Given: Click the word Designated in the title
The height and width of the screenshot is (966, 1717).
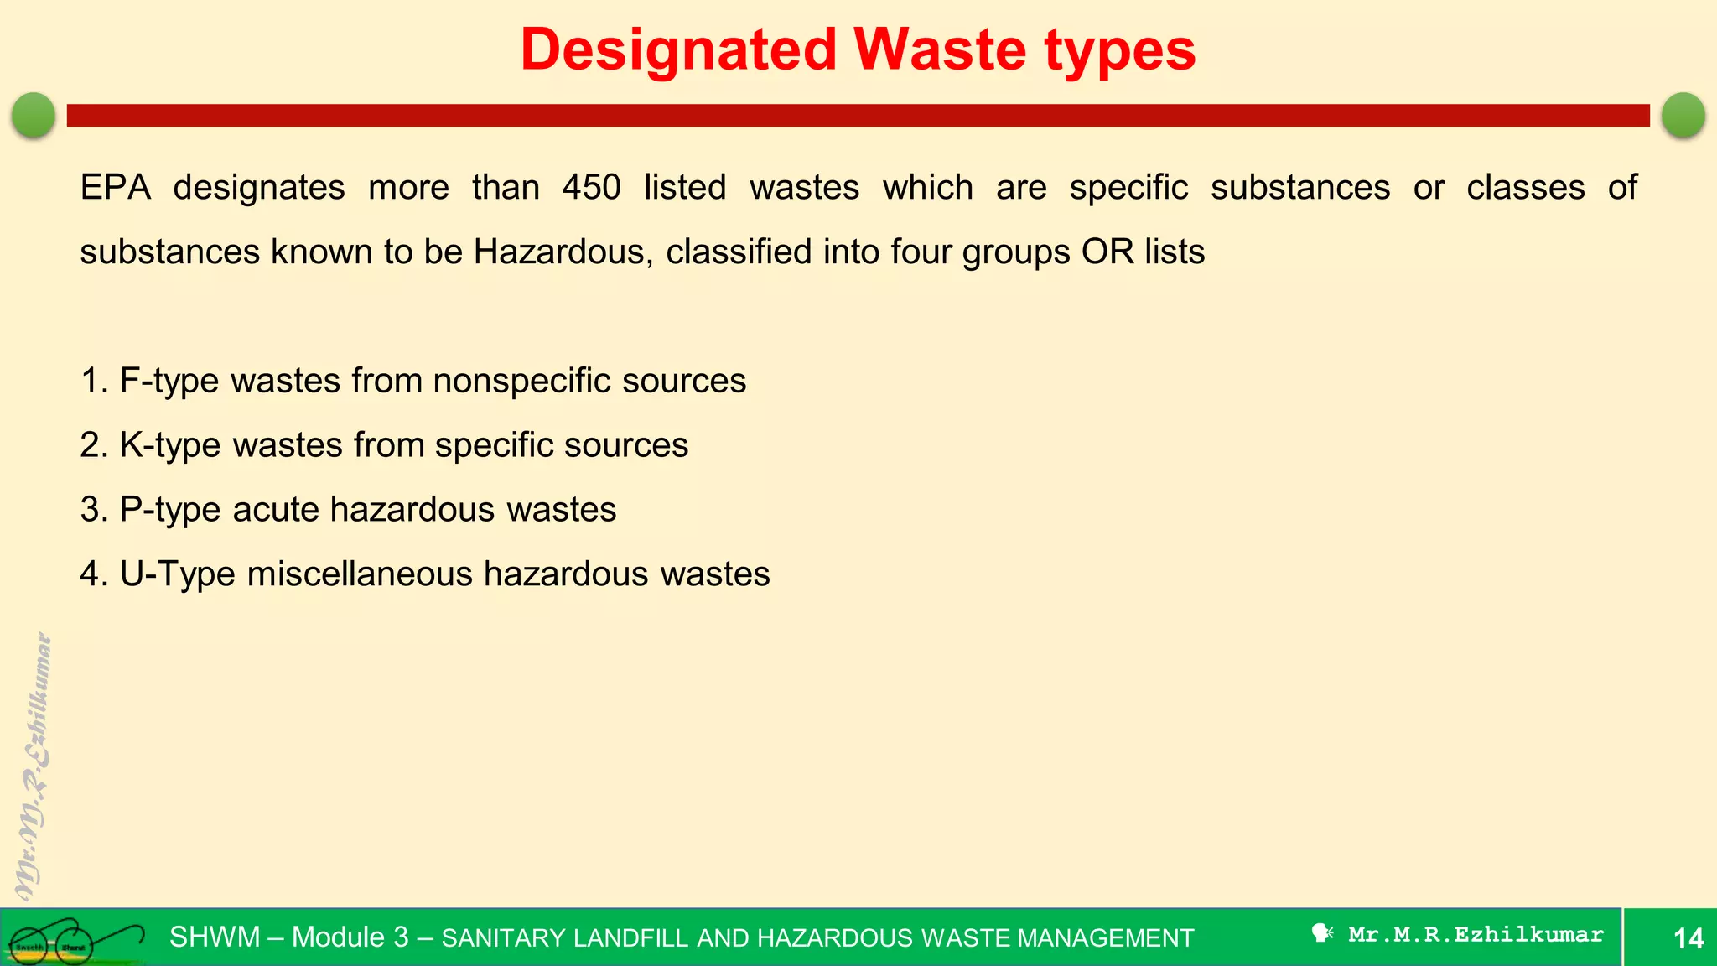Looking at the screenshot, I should tap(678, 49).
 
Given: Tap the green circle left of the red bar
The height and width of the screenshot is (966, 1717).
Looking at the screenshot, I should tap(34, 115).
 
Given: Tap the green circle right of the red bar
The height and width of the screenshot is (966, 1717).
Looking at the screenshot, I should tap(1683, 115).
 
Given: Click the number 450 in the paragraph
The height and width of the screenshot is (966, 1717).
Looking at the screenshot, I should tap(591, 187).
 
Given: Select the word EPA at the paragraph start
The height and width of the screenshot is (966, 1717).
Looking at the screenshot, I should tap(115, 187).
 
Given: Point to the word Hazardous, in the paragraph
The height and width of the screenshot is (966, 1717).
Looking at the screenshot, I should tap(563, 252).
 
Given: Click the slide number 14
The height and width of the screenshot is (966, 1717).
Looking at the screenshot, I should tap(1688, 937).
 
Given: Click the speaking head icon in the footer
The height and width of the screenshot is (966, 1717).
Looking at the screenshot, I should tap(1322, 933).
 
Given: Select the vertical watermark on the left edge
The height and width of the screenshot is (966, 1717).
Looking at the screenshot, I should tap(34, 767).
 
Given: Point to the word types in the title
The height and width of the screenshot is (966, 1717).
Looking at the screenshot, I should tap(1120, 49).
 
